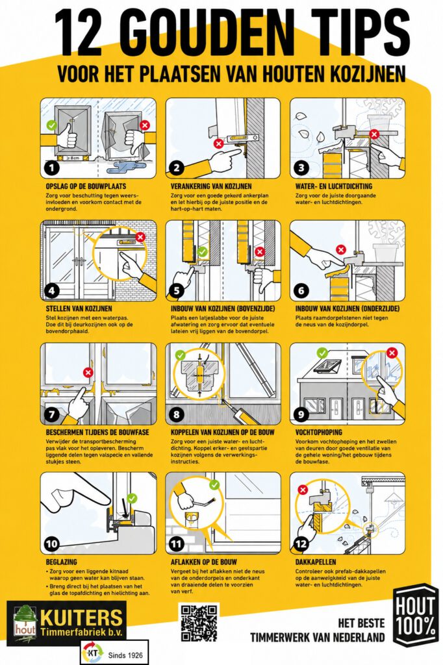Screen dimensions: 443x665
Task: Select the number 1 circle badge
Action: click(52, 168)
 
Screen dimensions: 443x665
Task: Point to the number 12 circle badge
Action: click(301, 544)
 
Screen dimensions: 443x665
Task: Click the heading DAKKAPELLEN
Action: click(315, 562)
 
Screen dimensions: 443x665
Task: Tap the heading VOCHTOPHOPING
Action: click(319, 433)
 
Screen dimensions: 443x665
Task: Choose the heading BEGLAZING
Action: click(62, 562)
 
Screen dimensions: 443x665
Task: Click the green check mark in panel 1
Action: click(51, 125)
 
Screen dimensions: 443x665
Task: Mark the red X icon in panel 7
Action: click(88, 372)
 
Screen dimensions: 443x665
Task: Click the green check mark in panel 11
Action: click(214, 484)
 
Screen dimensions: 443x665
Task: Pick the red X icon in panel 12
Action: click(303, 490)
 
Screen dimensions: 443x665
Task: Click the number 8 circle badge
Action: click(177, 414)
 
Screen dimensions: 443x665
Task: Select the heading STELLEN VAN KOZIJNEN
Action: click(79, 308)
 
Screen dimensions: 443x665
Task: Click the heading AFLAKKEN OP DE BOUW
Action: click(204, 562)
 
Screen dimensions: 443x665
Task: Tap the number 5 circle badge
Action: click(177, 291)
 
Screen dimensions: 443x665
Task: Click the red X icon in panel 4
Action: click(140, 238)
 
